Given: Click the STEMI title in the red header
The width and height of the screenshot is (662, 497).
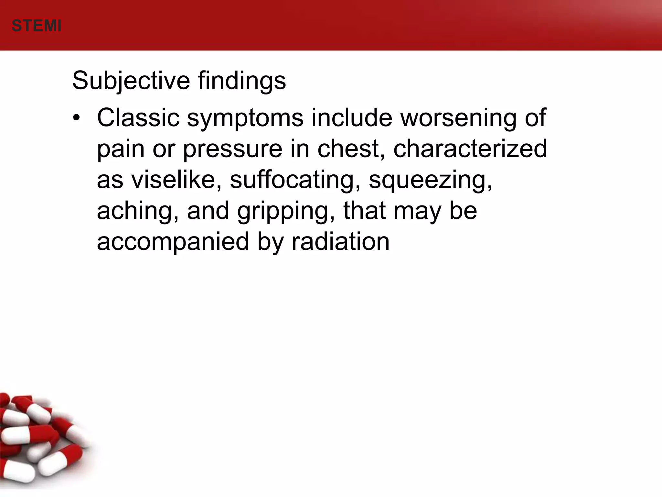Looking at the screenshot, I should pos(37,26).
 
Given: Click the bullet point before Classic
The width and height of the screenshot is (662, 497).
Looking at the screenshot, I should pos(76,118).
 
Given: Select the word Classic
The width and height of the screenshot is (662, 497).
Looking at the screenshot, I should pos(138,118).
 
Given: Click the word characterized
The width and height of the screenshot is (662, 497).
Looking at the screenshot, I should pos(470,149).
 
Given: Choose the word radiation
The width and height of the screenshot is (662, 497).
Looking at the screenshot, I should pos(340,241).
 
